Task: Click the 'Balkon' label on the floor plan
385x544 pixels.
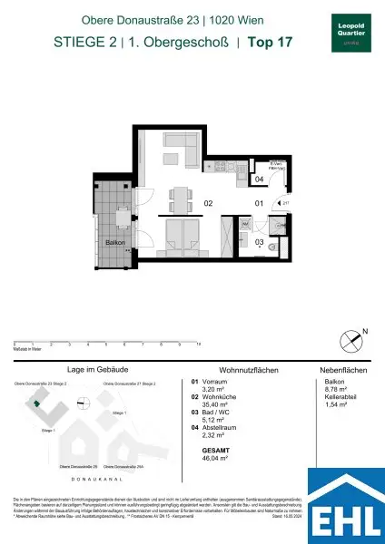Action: coord(114,243)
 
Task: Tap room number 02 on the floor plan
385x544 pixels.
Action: coord(208,203)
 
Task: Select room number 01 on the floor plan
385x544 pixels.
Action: coord(258,203)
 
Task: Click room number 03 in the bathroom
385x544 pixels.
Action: coord(259,242)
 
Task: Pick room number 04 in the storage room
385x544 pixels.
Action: coord(259,180)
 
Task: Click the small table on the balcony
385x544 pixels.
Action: coord(122,215)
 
